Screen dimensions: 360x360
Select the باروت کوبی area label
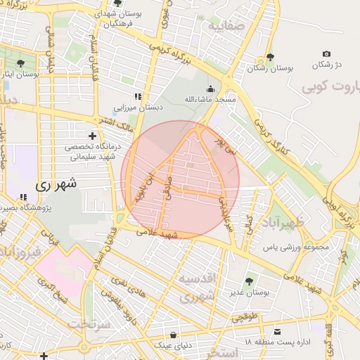[x=330, y=88]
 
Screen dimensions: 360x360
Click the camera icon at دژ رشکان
[x=326, y=54]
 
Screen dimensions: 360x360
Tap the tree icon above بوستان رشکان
[x=271, y=57]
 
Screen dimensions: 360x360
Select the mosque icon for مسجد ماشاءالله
[x=210, y=89]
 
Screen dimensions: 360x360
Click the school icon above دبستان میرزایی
[x=139, y=96]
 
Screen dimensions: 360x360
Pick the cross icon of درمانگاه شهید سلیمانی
[x=92, y=135]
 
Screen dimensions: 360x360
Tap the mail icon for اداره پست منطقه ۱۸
[x=278, y=331]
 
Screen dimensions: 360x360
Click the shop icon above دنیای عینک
[x=173, y=335]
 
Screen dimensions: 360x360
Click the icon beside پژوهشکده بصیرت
[x=23, y=198]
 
